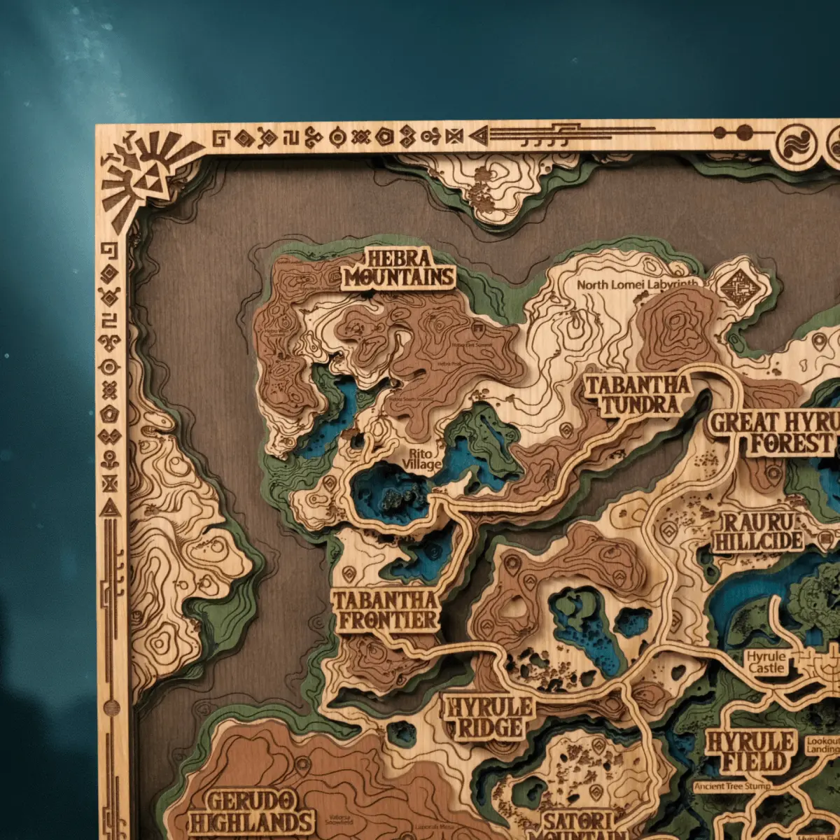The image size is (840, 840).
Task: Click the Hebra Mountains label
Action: tap(398, 268)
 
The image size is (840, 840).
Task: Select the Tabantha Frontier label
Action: tap(385, 610)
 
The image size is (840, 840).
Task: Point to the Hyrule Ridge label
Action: tap(489, 717)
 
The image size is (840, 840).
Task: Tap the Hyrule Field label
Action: tap(750, 752)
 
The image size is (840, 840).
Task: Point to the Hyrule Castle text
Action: tap(766, 661)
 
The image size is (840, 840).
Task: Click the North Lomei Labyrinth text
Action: tap(638, 285)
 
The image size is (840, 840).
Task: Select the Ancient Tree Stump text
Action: tap(732, 786)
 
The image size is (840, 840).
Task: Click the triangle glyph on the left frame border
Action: tap(110, 507)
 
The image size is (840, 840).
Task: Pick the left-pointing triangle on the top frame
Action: tap(479, 135)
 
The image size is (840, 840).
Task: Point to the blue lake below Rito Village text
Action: tap(388, 493)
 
